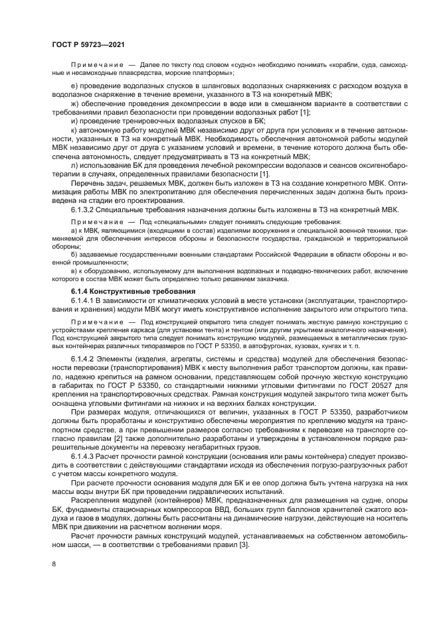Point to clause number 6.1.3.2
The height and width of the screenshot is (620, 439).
click(x=86, y=210)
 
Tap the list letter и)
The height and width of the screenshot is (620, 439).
click(x=75, y=122)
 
